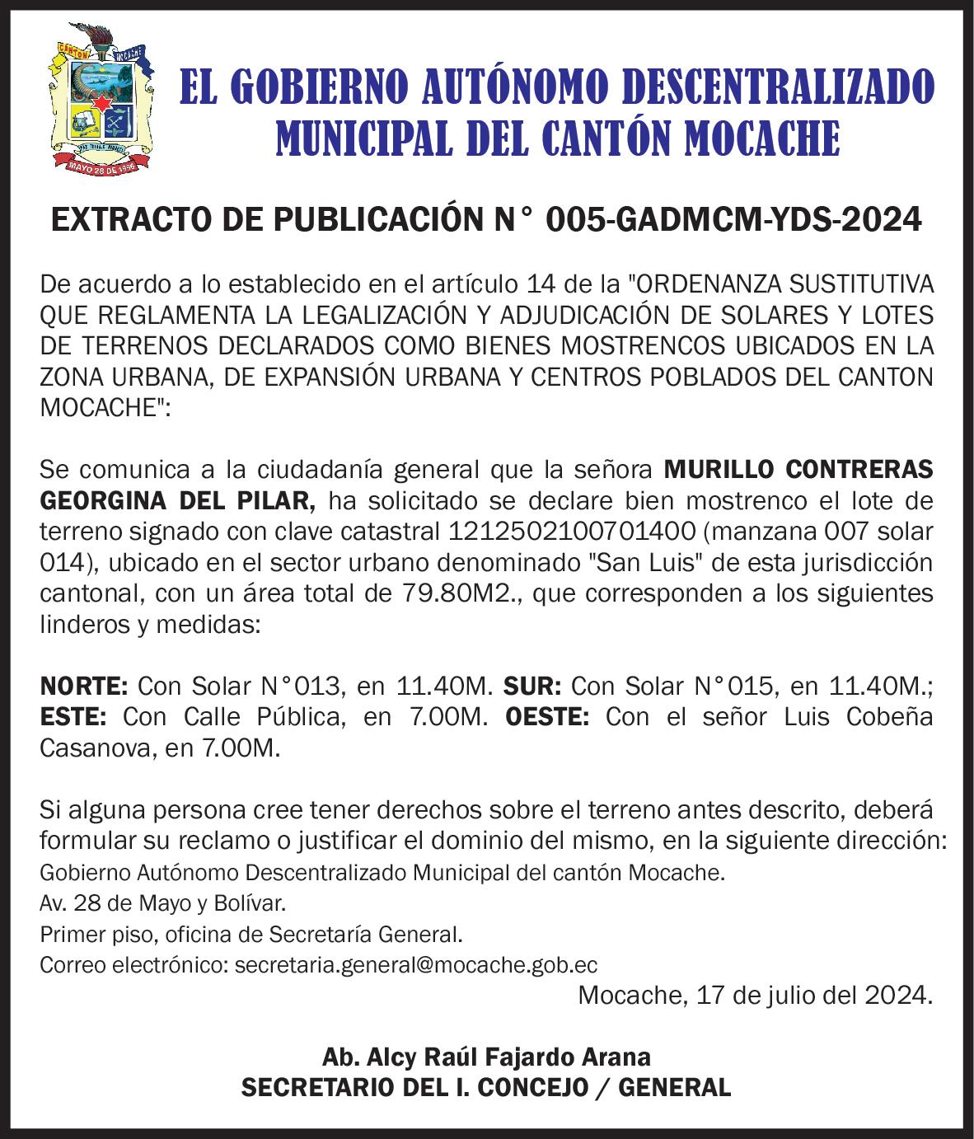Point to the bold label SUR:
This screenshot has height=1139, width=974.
click(531, 686)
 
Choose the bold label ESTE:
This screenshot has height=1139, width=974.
click(73, 717)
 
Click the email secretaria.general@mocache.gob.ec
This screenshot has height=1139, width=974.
click(416, 965)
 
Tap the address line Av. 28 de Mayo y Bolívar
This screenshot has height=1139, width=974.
click(163, 903)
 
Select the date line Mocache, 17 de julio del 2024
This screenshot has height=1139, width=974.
click(756, 995)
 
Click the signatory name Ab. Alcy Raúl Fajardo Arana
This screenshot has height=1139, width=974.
click(486, 1057)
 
